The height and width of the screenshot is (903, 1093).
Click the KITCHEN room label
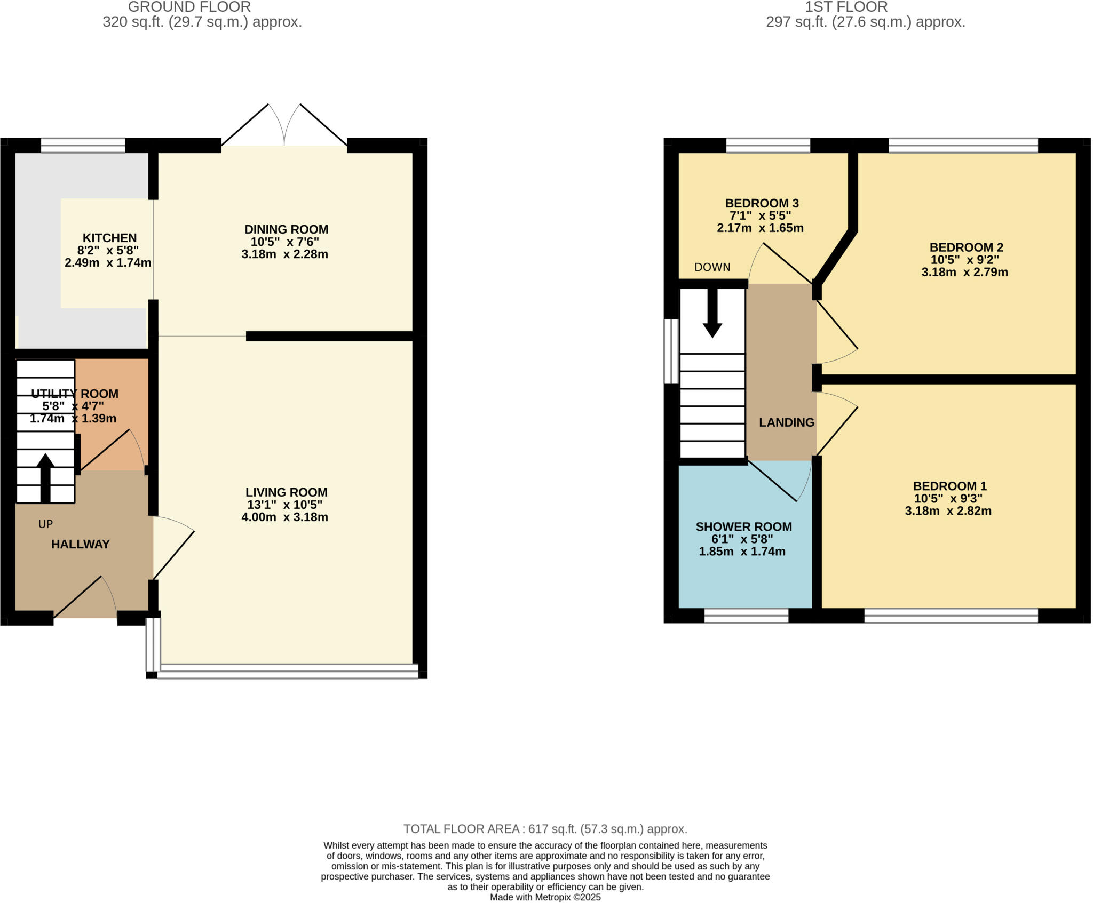point(109,238)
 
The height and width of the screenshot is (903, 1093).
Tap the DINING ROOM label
point(286,229)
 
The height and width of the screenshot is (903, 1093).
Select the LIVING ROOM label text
point(286,492)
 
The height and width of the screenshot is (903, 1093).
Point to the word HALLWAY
point(80,544)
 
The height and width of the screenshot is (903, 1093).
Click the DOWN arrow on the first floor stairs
point(712,315)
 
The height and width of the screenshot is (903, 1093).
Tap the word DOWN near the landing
point(712,267)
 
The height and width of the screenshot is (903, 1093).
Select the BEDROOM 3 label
point(762,203)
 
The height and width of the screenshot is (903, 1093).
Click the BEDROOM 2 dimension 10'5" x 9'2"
point(964,260)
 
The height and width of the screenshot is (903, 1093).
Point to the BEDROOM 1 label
point(949,486)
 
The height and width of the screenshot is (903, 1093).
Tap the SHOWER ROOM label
point(743,526)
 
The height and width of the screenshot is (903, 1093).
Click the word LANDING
point(787,422)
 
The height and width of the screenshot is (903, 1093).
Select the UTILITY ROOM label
point(75,394)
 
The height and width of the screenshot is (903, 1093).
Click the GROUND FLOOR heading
point(189,7)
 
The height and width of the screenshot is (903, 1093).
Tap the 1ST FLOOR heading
point(846,7)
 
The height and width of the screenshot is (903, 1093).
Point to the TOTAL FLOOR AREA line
point(545,829)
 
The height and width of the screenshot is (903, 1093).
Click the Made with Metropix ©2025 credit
point(545,897)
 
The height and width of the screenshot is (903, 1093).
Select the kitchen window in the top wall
point(83,145)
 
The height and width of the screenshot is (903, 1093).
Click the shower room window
point(746,616)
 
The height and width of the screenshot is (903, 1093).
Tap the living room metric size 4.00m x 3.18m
point(284,517)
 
